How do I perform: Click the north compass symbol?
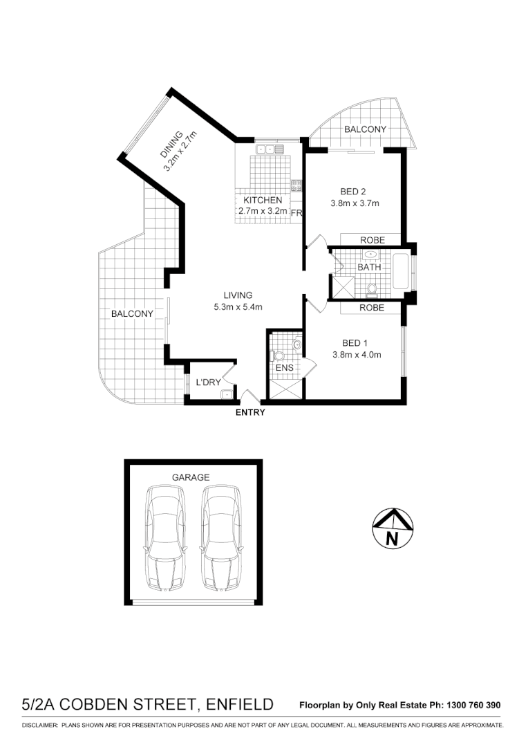(392, 529)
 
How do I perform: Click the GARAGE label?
(190, 477)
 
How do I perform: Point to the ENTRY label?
(250, 413)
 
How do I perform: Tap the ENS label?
(284, 368)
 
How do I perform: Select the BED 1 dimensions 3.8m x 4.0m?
(357, 355)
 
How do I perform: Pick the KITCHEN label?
(263, 200)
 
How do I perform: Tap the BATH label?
(369, 267)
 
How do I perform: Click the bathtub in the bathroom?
(400, 271)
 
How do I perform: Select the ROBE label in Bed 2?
(372, 240)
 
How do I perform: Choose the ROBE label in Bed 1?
(372, 308)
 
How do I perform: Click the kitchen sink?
(270, 149)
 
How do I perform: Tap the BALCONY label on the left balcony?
(132, 313)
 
